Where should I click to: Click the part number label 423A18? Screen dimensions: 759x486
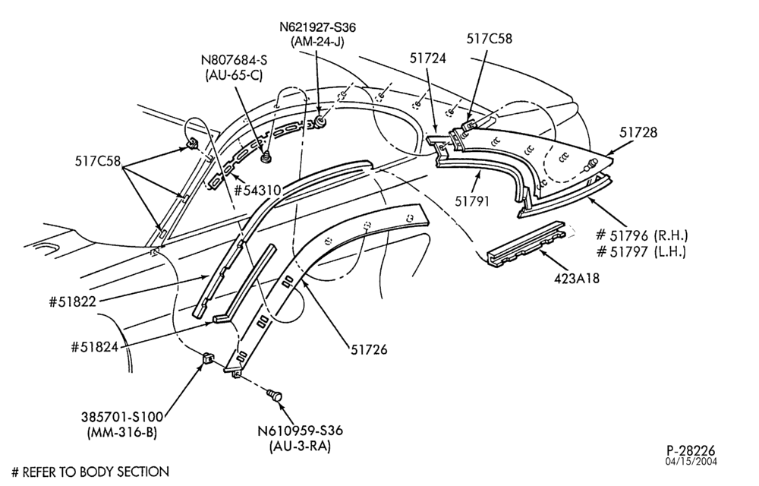(575, 279)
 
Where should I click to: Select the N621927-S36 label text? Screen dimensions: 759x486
(317, 27)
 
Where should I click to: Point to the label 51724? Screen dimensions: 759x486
(427, 58)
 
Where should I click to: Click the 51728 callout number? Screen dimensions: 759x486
(638, 132)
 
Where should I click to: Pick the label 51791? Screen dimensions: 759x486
(472, 201)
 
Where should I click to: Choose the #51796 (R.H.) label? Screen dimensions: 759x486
(641, 235)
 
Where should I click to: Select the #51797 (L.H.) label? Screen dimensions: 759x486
(641, 251)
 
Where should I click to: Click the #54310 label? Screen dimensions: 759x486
(257, 191)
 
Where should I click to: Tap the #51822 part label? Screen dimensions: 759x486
(73, 302)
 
